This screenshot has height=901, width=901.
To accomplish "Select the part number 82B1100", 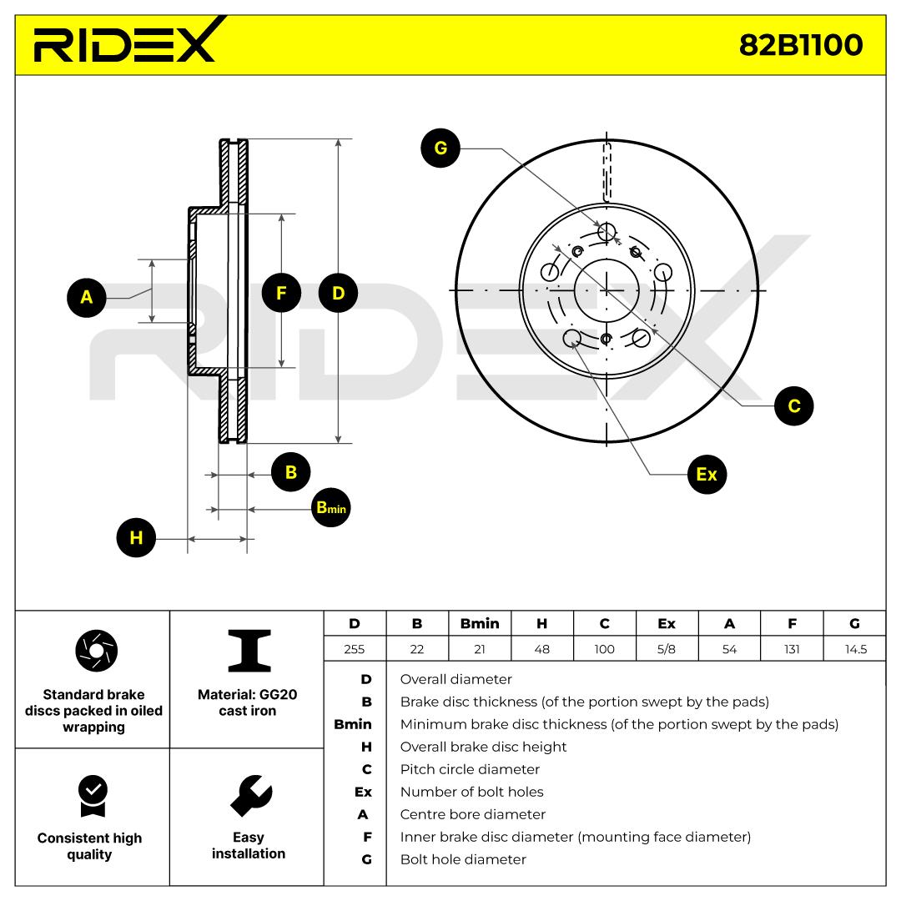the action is pos(800,45).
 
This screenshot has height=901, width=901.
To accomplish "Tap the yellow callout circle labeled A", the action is pos(87,296).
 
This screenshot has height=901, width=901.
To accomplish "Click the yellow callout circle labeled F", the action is pos(280,293).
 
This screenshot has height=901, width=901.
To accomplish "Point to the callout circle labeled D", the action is pos(338,293).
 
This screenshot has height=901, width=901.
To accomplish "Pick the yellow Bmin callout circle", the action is pos(330,508).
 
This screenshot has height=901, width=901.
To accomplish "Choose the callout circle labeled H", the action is pos(136,538).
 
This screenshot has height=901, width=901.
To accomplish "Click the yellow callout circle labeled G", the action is pos(440,148).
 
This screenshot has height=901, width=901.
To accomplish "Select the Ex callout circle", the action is pos(706,474).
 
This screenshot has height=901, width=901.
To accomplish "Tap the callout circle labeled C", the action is pos(793,405).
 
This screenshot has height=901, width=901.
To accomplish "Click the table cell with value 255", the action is pos(355,649).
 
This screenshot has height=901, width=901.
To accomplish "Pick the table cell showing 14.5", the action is pos(854,649).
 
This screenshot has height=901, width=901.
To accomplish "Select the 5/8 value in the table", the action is pos(667,649).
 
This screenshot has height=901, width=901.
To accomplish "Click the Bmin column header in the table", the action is pos(480,623).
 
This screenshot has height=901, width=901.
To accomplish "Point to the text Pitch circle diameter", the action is pos(470,769).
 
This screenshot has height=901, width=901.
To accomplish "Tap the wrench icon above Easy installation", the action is pos(248,796).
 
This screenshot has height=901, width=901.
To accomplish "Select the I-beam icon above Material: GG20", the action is pos(249,651).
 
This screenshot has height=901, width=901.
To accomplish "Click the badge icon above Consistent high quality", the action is pos(91,796).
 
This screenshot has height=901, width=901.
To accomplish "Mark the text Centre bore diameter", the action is pos(472,814).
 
